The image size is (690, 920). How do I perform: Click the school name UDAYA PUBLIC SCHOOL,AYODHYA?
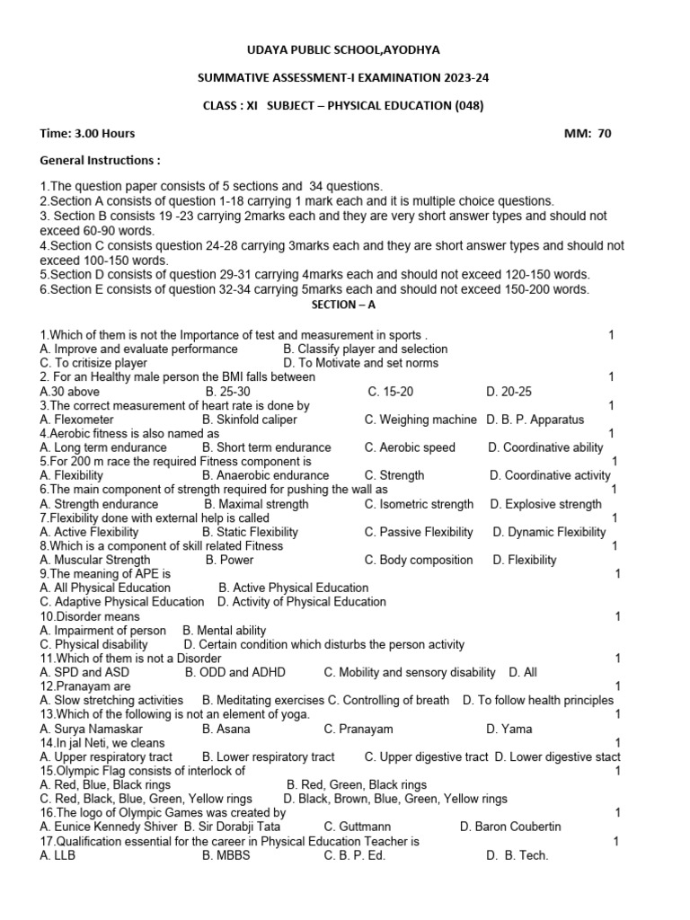coord(344,49)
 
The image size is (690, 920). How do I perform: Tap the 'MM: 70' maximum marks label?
coord(587,133)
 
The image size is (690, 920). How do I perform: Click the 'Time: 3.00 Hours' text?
coord(88,133)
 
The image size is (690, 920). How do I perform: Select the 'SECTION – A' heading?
coord(344,305)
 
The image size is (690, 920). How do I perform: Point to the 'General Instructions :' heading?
coord(101,160)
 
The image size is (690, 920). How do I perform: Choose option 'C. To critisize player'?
coord(93,363)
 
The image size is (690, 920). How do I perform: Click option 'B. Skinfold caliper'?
coord(250,420)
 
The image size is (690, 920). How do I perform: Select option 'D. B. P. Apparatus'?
coord(535,420)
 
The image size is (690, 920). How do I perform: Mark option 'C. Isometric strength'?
coord(419,504)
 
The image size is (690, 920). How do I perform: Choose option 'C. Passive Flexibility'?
coord(419,532)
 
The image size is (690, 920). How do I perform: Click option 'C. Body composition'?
coord(419,560)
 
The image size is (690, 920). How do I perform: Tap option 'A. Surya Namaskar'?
coord(93,729)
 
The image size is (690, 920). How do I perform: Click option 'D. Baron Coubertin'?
coord(510,827)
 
